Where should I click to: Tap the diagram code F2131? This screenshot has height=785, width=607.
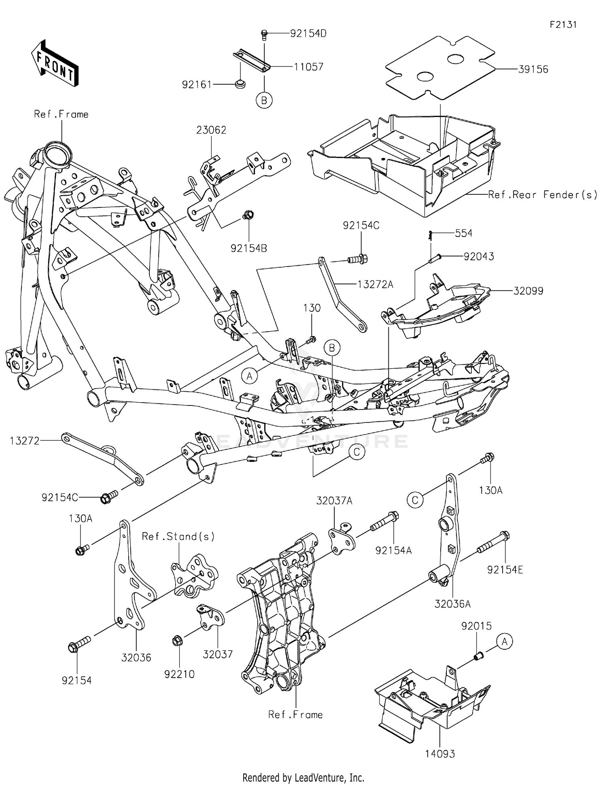[563, 25]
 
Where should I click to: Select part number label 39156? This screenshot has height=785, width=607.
[533, 69]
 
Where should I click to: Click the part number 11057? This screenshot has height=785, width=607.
[308, 67]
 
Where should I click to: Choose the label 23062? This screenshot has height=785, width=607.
[211, 130]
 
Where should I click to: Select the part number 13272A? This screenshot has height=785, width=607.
[375, 285]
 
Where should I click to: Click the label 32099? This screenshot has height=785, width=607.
[528, 291]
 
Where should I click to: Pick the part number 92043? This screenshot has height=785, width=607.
[479, 257]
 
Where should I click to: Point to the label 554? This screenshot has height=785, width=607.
[463, 233]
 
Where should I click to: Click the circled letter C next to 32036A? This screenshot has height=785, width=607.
[415, 500]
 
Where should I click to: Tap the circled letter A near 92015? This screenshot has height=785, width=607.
[504, 642]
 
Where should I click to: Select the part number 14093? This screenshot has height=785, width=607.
[440, 754]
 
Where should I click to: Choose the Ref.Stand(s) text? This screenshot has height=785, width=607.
[178, 537]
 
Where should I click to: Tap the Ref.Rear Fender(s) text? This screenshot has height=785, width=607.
[542, 195]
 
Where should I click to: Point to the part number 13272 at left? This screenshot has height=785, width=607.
[25, 441]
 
